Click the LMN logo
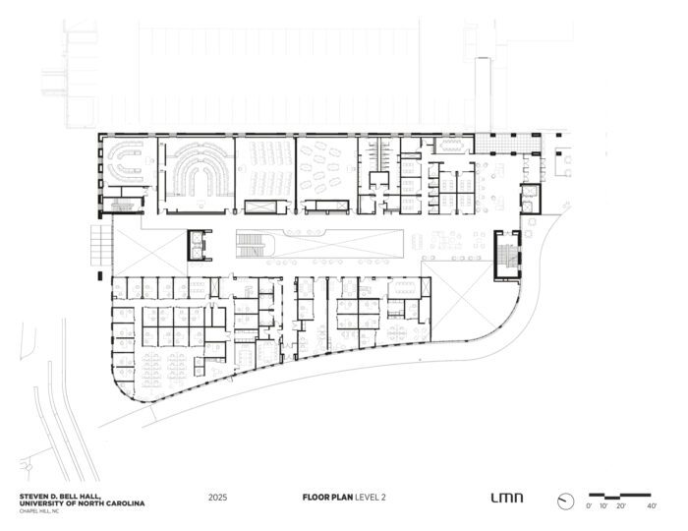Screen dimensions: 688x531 pyautogui.click(x=507, y=498)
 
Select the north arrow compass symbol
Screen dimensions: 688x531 pyautogui.click(x=565, y=501)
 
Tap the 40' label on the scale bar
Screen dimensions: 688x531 pyautogui.click(x=652, y=506)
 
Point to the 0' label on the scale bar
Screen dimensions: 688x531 pyautogui.click(x=589, y=506)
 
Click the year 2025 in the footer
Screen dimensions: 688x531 pyautogui.click(x=217, y=498)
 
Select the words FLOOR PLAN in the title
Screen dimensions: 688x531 pyautogui.click(x=327, y=498)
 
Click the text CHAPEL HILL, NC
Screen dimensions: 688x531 pyautogui.click(x=38, y=510)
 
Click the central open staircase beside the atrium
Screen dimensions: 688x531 pyautogui.click(x=256, y=245)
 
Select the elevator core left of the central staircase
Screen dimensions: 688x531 pyautogui.click(x=200, y=245)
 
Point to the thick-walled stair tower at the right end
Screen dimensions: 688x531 pyautogui.click(x=507, y=255)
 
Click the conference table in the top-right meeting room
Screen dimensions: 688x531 pyautogui.click(x=453, y=146)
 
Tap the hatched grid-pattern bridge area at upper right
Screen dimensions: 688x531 pyautogui.click(x=508, y=143)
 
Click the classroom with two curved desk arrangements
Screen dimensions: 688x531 pyautogui.click(x=128, y=162)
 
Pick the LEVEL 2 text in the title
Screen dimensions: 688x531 pyautogui.click(x=371, y=498)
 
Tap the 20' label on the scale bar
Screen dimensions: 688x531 pyautogui.click(x=620, y=506)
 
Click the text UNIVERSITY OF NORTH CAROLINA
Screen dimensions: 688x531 pyautogui.click(x=82, y=503)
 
